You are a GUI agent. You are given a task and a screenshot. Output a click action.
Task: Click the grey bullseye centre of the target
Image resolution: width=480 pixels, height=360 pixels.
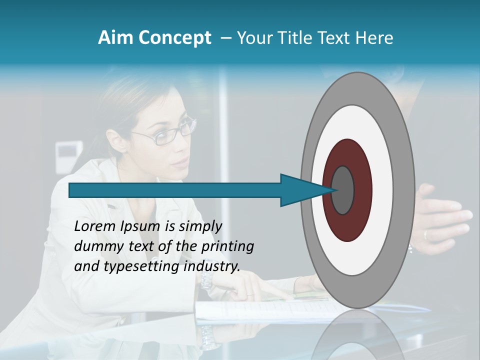point(342,190)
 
